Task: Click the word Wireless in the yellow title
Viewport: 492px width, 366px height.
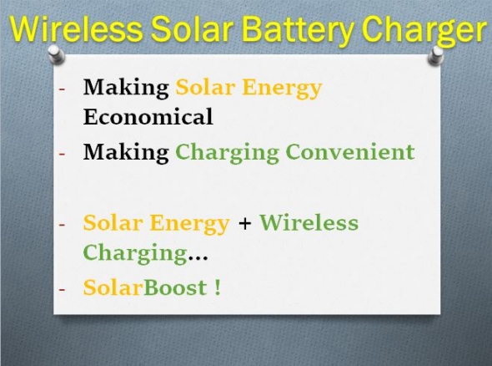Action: [x=77, y=28]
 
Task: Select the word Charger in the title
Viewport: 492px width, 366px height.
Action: [x=424, y=31]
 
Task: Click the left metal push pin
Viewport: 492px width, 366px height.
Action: [x=57, y=54]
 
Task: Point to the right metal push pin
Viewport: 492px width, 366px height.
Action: [x=436, y=56]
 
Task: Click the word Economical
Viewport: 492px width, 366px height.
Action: [x=148, y=116]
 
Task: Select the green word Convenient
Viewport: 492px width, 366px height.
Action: [x=350, y=151]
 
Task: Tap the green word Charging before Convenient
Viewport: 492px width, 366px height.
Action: [x=227, y=154]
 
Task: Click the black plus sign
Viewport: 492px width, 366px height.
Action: [x=244, y=224]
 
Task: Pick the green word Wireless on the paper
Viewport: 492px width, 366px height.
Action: [x=309, y=222]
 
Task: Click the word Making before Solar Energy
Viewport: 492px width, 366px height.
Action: [x=126, y=88]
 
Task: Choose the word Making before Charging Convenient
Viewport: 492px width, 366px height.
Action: [x=126, y=153]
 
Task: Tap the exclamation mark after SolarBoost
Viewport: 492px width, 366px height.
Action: [x=218, y=287]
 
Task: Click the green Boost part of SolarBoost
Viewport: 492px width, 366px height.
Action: [x=175, y=287]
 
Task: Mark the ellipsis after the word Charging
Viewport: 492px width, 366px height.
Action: [x=198, y=259]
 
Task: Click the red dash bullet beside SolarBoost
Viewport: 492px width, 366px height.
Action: [x=62, y=289]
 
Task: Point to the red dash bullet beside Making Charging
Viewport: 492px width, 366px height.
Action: [x=62, y=155]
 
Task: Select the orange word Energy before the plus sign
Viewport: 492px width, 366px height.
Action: [x=189, y=224]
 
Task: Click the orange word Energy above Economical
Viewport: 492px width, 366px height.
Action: [x=282, y=89]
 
